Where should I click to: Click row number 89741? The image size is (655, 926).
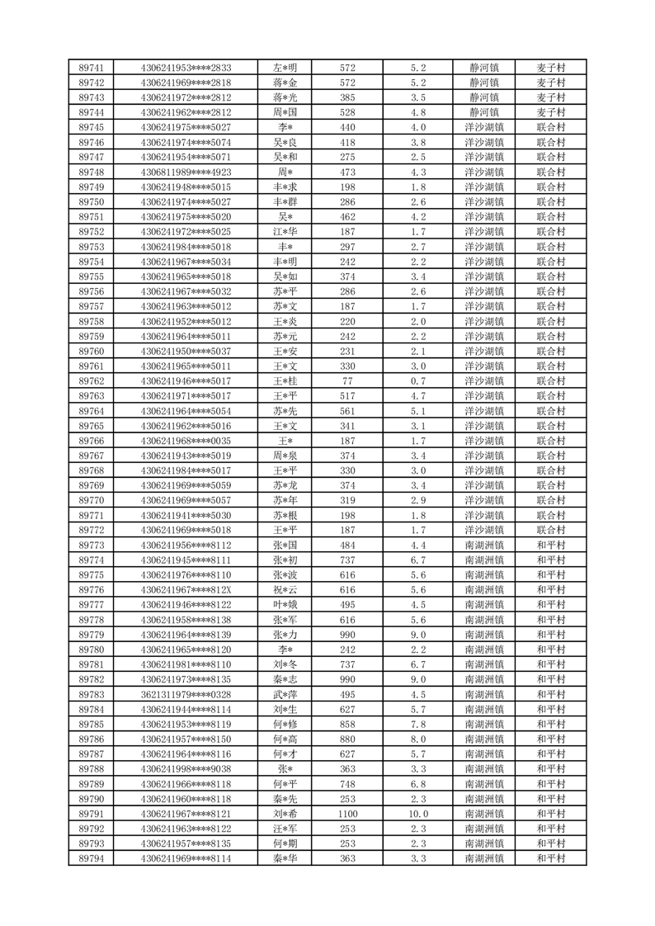click(91, 68)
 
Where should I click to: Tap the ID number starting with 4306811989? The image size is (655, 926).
click(186, 172)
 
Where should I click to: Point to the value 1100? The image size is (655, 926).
click(347, 814)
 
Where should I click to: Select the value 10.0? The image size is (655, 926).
click(417, 814)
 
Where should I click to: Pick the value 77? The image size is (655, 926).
click(347, 380)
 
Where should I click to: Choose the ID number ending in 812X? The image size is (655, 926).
click(186, 590)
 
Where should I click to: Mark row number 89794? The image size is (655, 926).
click(91, 858)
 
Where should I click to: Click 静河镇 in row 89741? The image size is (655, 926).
click(484, 68)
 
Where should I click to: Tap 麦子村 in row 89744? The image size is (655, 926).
click(550, 112)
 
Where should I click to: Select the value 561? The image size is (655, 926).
click(347, 410)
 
